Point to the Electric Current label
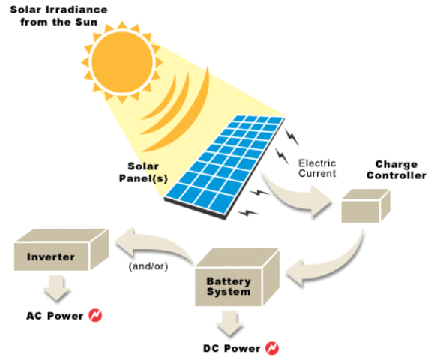point(317,168)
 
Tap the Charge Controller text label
point(400,170)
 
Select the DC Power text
point(232,349)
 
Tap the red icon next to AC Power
point(95,314)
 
